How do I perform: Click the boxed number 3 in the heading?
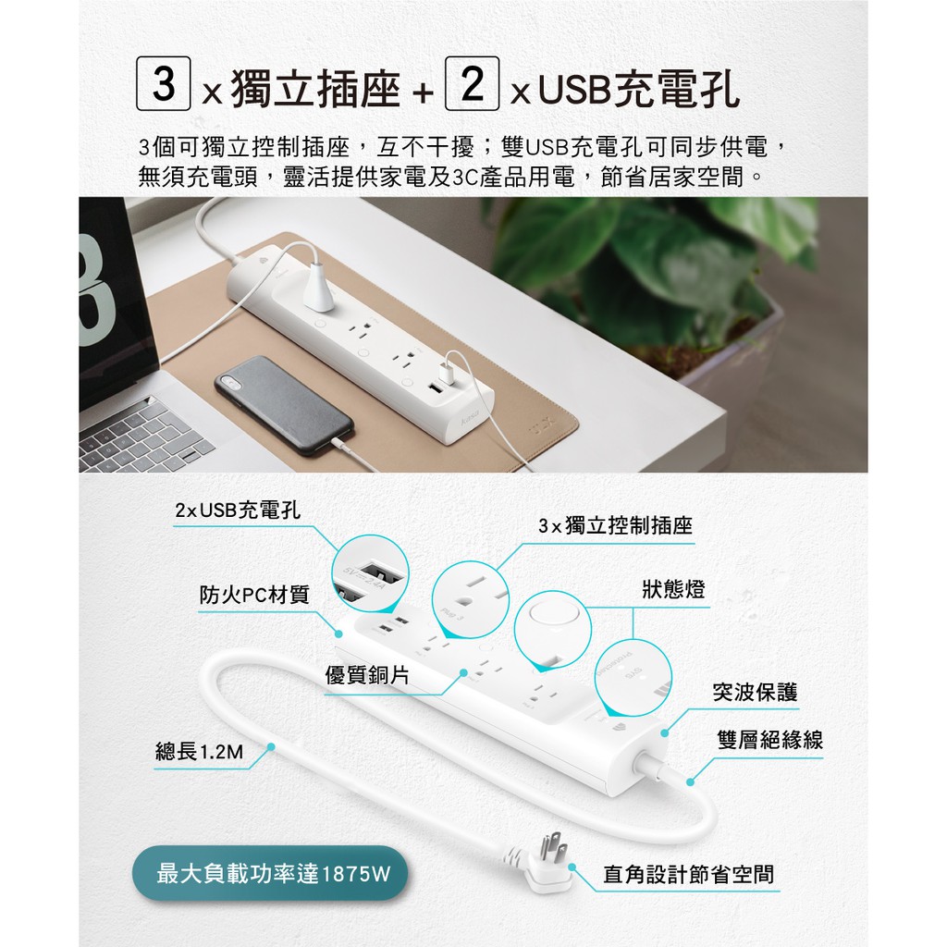163,83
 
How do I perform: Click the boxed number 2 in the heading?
472,83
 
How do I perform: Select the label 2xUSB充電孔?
238,510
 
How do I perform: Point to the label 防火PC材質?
254,595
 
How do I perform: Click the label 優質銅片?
367,674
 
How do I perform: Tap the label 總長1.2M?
200,752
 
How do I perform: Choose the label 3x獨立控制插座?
615,526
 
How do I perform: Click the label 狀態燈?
673,589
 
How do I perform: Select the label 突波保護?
755,692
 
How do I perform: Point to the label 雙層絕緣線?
770,740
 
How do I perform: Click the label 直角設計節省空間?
688,874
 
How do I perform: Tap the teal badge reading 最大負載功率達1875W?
270,874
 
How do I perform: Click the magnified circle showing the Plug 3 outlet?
471,599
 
